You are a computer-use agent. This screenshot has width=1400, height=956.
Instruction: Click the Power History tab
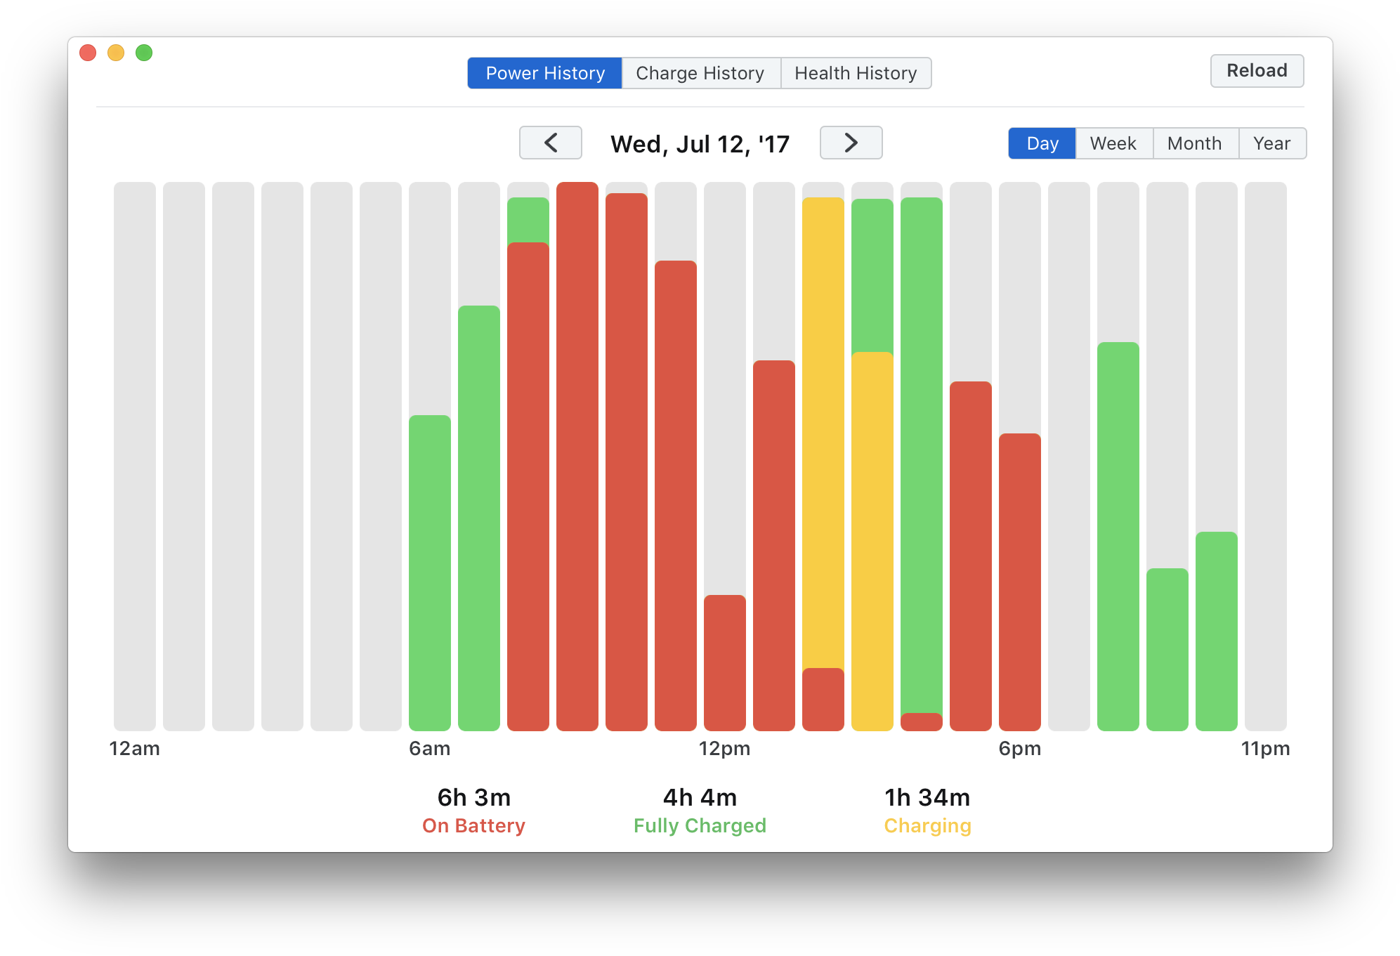(545, 73)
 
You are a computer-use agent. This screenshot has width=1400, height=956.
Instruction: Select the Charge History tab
(700, 73)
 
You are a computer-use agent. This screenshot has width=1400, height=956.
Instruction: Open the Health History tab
(856, 73)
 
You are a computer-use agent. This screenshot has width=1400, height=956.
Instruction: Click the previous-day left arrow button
(551, 143)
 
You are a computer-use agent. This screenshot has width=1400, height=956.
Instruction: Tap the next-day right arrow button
(851, 143)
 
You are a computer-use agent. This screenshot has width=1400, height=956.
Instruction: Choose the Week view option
(1113, 143)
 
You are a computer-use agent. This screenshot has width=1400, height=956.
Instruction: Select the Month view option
(1195, 143)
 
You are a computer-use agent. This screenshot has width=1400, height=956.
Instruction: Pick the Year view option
(1272, 143)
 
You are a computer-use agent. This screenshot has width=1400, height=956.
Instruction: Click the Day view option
(1042, 143)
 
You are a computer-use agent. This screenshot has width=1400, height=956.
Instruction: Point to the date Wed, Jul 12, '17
(700, 144)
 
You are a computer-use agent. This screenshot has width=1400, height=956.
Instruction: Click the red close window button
(88, 53)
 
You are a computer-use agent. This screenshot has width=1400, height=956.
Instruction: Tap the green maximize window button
(144, 53)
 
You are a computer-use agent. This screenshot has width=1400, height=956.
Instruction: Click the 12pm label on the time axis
(724, 749)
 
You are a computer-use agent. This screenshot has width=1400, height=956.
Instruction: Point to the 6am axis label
(430, 749)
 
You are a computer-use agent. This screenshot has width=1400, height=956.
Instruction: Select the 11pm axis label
(1265, 749)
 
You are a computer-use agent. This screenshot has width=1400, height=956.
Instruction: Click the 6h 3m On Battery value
(474, 798)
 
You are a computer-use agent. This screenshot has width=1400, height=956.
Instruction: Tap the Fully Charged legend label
(700, 826)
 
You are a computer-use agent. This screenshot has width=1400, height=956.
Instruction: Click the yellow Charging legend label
(927, 826)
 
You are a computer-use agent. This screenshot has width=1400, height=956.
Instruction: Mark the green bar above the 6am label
(430, 572)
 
